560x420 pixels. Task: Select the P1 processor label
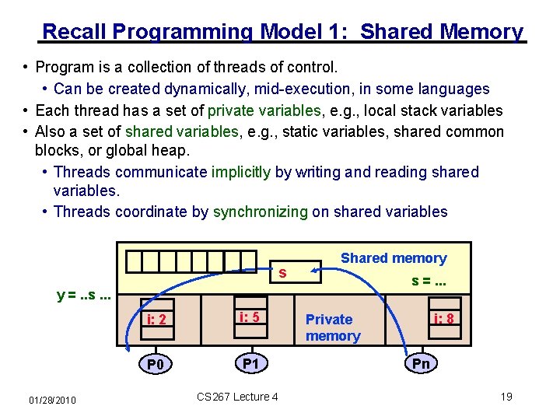click(x=250, y=363)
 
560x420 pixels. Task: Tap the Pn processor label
click(x=421, y=363)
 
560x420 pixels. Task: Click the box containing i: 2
click(x=162, y=320)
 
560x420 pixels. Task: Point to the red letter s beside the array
click(x=282, y=273)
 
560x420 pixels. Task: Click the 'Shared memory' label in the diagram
click(x=394, y=258)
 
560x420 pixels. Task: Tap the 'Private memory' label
click(x=333, y=327)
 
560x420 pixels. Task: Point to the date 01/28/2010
click(x=52, y=400)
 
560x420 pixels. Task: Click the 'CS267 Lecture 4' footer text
click(x=237, y=397)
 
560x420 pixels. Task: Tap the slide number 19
click(x=506, y=397)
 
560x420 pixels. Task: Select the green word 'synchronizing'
click(x=261, y=212)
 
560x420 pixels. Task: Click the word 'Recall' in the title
click(x=75, y=32)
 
